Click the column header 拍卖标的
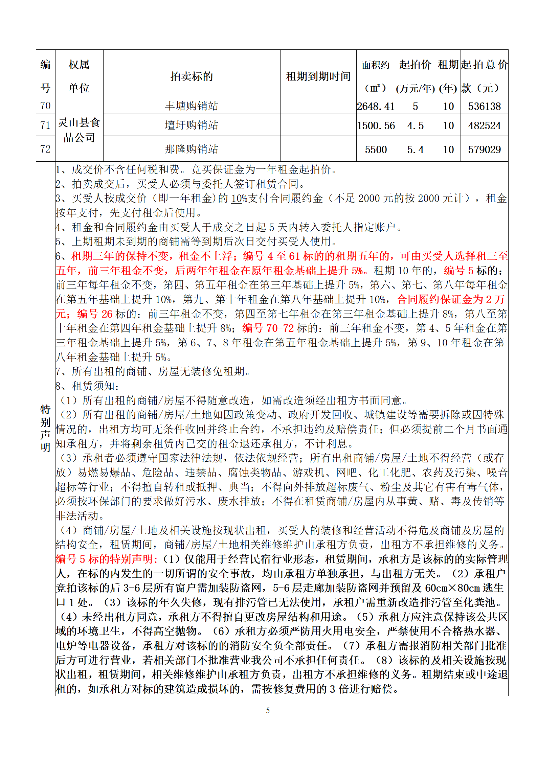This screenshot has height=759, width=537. click(192, 76)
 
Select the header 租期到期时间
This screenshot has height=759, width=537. click(318, 76)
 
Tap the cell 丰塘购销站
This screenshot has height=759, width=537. click(192, 106)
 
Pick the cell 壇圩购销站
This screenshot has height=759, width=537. click(192, 125)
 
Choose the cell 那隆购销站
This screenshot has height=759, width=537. click(192, 149)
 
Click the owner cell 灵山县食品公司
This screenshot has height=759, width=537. click(79, 130)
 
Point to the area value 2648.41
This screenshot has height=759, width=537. click(376, 106)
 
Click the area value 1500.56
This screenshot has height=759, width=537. click(376, 125)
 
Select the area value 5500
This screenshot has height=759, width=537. click(376, 149)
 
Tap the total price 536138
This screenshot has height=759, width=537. click(484, 106)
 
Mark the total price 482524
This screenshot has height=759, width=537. click(484, 125)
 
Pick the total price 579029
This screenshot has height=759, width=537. click(484, 149)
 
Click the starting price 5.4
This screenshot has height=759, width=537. click(415, 149)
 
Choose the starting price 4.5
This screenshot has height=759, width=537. click(415, 125)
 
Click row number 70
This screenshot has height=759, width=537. click(45, 106)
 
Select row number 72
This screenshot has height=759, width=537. click(45, 149)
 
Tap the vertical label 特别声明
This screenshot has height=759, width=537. click(45, 428)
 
